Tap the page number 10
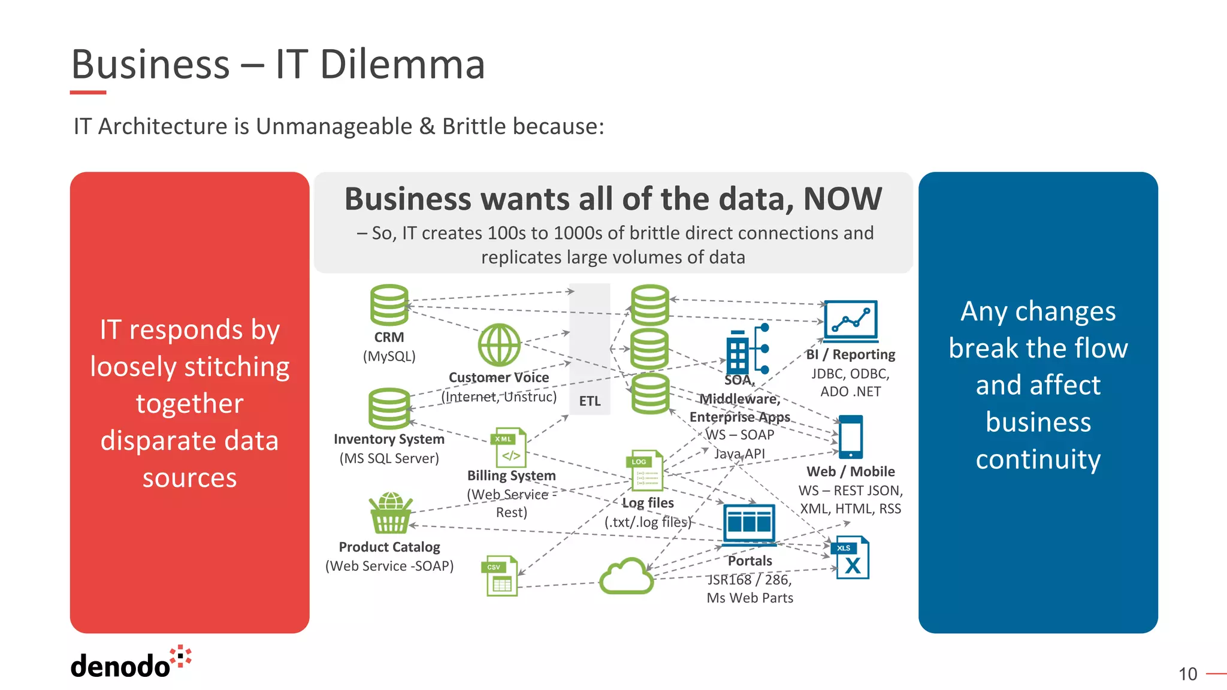1187,674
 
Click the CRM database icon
389,305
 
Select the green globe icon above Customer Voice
499,345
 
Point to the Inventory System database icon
389,408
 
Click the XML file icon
510,447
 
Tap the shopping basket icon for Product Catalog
391,513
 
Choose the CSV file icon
500,576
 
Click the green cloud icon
627,576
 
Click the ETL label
590,401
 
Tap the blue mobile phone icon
851,437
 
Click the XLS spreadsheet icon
851,558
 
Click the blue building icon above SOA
747,350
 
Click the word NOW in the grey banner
842,199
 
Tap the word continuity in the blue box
1038,460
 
